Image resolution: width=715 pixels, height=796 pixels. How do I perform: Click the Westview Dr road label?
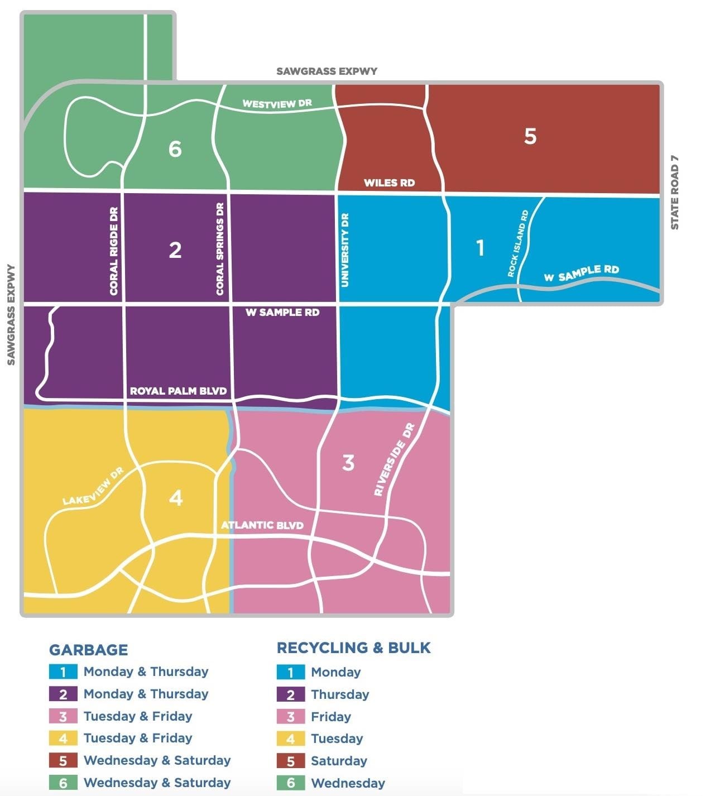tap(277, 104)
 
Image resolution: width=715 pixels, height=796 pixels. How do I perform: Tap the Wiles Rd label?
tap(389, 183)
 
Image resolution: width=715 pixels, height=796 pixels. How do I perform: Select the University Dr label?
tap(345, 250)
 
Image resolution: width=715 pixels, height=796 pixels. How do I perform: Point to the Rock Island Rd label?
tap(517, 243)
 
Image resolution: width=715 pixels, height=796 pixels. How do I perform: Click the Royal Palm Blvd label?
tap(178, 391)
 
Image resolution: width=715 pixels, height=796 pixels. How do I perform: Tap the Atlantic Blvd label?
tap(262, 525)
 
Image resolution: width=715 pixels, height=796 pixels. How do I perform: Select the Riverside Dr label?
tap(395, 459)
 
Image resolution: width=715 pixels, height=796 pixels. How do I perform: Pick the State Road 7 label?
tap(675, 193)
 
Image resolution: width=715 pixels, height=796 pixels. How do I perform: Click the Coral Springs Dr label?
tap(220, 249)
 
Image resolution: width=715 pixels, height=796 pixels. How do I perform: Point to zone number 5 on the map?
tap(530, 136)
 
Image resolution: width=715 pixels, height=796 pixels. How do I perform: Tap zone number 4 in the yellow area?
tap(176, 497)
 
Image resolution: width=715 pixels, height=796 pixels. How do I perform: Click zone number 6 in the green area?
tap(175, 149)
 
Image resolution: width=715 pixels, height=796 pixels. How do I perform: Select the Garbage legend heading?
tap(88, 650)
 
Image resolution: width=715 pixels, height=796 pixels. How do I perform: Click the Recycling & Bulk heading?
tap(353, 648)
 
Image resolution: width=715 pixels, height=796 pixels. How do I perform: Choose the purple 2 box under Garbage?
tap(63, 694)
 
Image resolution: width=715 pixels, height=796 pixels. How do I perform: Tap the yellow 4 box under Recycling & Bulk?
tap(291, 739)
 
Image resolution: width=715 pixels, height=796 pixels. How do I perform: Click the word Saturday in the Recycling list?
tap(339, 761)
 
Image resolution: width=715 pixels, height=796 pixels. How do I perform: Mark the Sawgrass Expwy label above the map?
tap(327, 71)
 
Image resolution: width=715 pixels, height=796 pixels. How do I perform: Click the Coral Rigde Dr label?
tap(114, 251)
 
